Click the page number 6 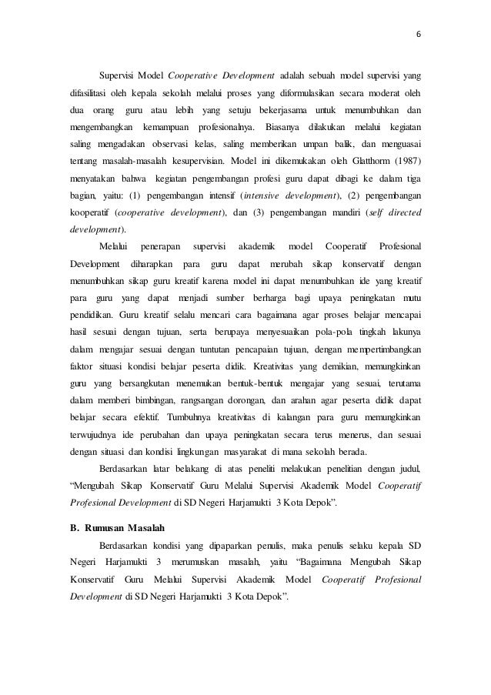click(x=419, y=35)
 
